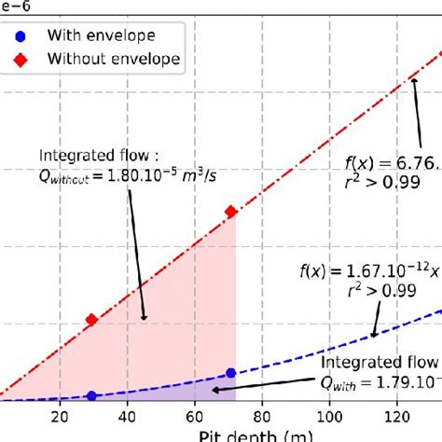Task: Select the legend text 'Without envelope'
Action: point(116,60)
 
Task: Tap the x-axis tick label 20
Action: point(61,417)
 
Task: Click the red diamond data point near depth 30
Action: point(91,320)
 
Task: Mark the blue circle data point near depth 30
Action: point(91,395)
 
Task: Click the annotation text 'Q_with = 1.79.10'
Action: point(382,382)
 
